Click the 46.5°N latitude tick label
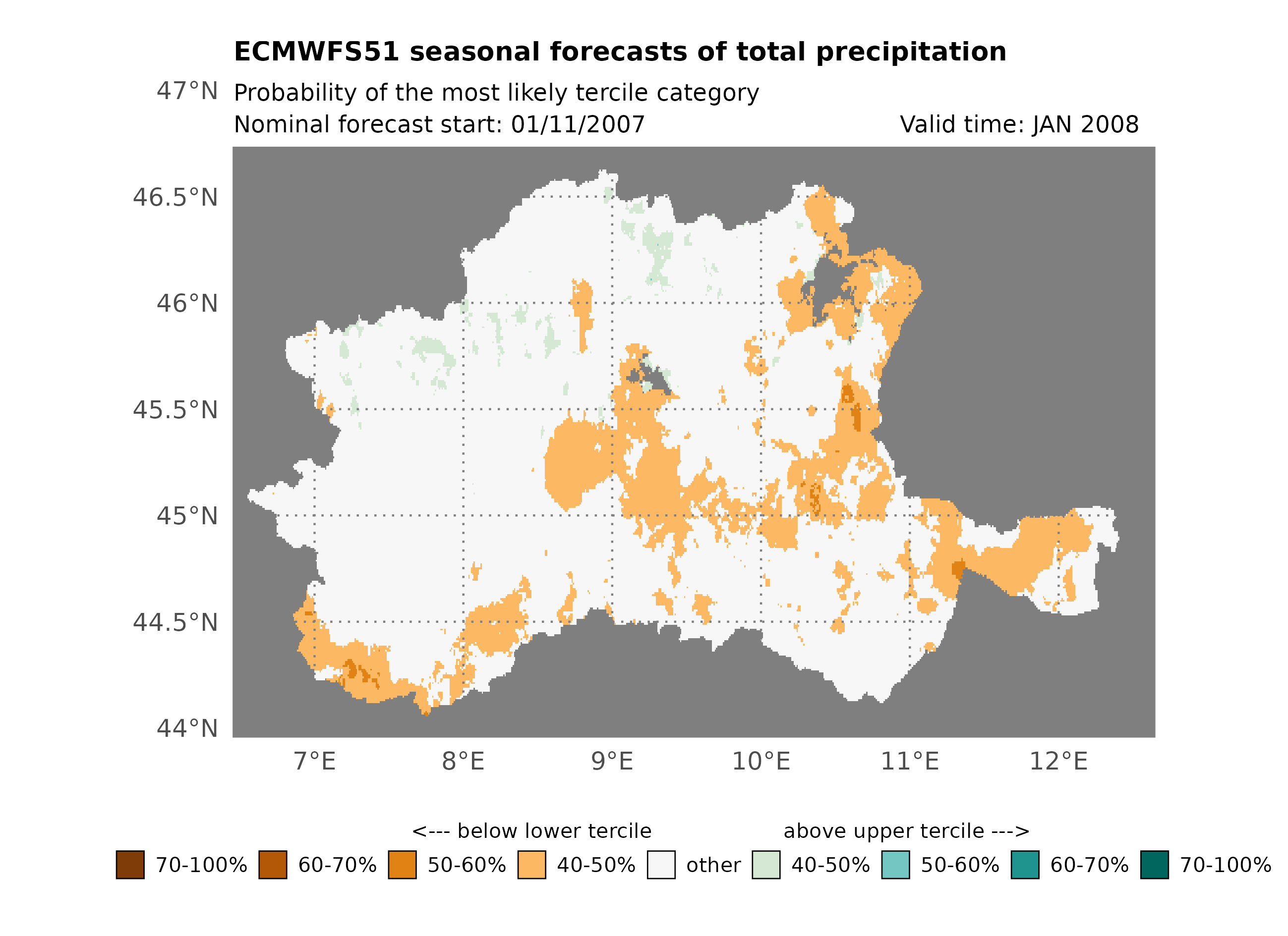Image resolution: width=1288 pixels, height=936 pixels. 175,198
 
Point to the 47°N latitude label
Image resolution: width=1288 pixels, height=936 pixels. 187,91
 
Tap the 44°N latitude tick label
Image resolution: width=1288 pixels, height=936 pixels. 187,728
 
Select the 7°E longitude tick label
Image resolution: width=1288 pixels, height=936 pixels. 315,761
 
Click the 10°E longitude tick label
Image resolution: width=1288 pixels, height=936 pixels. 761,761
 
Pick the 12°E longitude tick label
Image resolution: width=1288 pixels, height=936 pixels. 1058,761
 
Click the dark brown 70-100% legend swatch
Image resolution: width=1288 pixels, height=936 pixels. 130,865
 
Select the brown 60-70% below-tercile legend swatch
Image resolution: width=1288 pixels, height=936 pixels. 273,865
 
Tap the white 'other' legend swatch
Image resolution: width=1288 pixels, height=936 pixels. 661,865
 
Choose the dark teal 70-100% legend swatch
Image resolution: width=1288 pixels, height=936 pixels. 1155,865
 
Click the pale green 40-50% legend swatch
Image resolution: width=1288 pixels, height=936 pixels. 765,865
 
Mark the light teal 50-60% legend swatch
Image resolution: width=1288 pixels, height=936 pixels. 895,865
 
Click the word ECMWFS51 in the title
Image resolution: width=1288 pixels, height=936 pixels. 316,52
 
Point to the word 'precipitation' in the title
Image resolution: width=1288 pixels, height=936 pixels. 911,52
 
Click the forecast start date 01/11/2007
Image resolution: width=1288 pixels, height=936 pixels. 578,124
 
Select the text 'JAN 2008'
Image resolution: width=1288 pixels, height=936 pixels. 1085,124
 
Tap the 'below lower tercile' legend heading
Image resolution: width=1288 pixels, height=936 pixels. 554,831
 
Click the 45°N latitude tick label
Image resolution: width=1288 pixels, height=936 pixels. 187,516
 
